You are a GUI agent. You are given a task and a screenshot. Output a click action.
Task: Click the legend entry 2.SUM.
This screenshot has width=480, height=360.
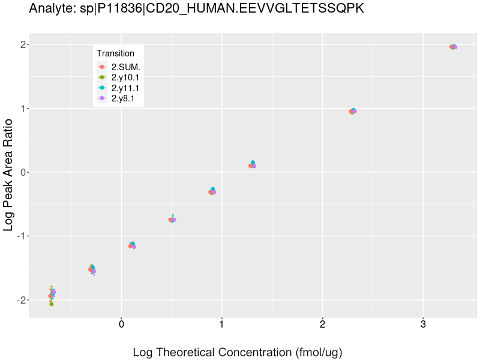125,67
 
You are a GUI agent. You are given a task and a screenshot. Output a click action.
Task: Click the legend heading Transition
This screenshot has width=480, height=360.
115,53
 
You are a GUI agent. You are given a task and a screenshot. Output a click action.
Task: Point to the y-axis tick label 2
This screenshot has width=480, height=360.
22,45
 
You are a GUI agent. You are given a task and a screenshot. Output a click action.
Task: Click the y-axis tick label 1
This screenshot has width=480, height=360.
22,109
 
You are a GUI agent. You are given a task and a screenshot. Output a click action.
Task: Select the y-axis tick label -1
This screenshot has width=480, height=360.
20,236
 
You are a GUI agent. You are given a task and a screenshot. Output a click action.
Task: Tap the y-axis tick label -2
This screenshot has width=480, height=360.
20,300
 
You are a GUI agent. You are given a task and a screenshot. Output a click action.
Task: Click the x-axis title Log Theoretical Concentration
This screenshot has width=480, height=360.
238,352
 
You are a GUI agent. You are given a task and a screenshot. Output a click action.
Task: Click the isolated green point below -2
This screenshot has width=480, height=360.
52,304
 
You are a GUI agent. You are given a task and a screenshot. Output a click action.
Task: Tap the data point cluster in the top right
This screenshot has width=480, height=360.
454,47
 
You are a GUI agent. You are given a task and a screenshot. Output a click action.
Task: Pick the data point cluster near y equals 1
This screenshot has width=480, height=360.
353,111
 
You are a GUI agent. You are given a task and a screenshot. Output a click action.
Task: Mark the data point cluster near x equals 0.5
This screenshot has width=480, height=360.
172,220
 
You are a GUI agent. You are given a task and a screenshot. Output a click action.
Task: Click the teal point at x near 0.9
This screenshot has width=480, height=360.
213,190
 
